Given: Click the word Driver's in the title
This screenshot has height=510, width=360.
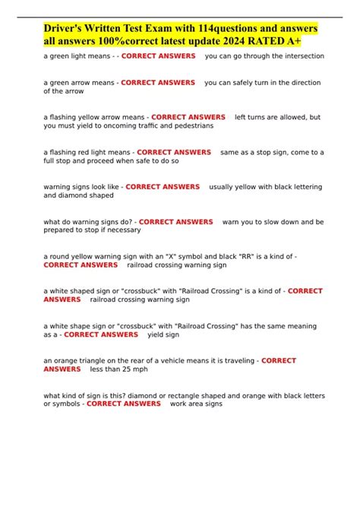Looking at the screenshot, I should pyautogui.click(x=66, y=28).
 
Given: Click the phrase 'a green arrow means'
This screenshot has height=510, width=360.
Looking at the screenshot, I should pyautogui.click(x=79, y=82).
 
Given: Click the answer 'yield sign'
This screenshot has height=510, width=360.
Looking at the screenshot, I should pyautogui.click(x=164, y=334).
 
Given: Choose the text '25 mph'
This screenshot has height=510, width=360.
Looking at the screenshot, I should pyautogui.click(x=129, y=369).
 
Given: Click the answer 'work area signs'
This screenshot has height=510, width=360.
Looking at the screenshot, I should pyautogui.click(x=196, y=404).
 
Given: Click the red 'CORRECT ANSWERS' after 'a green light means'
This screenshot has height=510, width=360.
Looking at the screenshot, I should pyautogui.click(x=158, y=56).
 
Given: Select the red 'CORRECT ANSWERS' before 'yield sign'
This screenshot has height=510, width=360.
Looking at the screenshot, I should pyautogui.click(x=101, y=334).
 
